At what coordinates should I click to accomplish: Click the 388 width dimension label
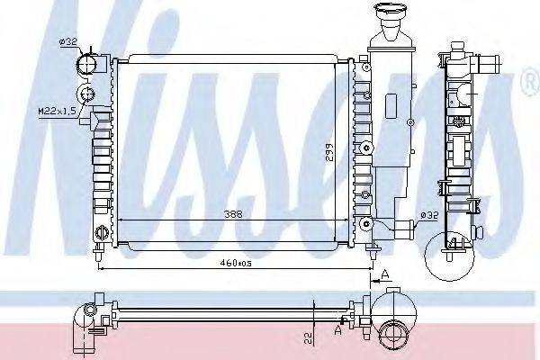tap(233, 214)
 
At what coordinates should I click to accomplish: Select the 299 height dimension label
tap(329, 152)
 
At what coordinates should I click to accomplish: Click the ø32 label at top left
tap(68, 42)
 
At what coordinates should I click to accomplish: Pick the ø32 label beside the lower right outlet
tap(429, 216)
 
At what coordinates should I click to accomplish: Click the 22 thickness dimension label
tap(309, 338)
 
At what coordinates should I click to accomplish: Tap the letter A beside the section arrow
tap(385, 274)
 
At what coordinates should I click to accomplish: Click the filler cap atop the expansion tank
tap(391, 10)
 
